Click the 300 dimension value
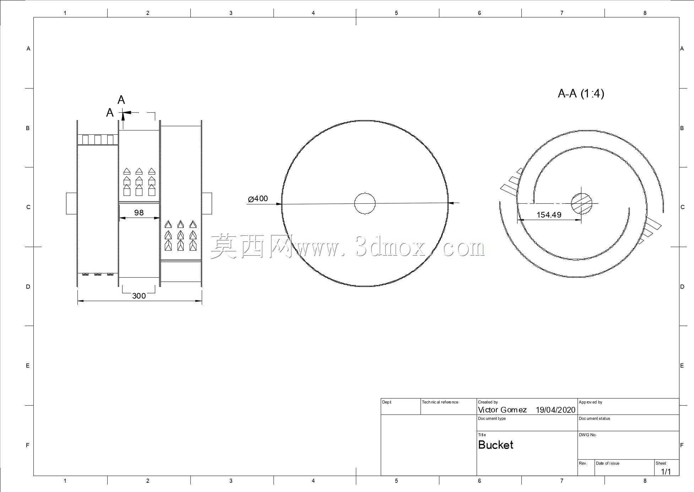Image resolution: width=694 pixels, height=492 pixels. [139, 296]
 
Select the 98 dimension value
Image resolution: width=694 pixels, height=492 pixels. [139, 213]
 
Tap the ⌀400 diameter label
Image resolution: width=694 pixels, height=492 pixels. [258, 199]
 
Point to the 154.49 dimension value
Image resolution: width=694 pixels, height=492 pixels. [549, 215]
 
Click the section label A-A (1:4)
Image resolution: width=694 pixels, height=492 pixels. [581, 93]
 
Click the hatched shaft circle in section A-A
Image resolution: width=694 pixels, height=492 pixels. [581, 203]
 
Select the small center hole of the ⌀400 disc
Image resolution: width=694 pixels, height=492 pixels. [365, 203]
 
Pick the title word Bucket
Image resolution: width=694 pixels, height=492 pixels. [495, 445]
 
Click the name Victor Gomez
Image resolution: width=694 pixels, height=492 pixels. [502, 410]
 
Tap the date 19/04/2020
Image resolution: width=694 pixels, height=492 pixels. [555, 410]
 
